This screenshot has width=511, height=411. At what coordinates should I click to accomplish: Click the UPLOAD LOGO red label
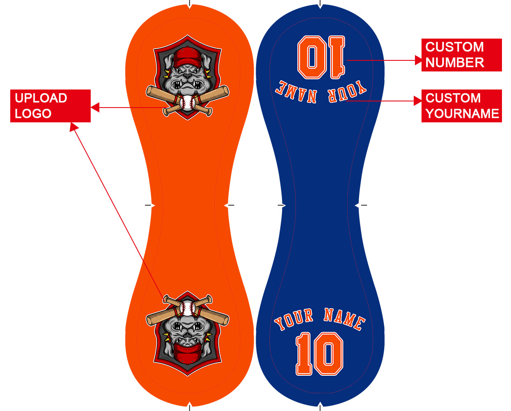click(x=50, y=106)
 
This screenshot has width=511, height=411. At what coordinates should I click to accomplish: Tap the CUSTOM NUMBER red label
click(x=461, y=55)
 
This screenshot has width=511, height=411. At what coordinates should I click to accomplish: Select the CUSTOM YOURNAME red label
click(x=461, y=106)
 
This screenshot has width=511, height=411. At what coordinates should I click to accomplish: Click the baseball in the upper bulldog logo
click(x=187, y=103)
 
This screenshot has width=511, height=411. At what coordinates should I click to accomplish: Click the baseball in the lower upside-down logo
click(x=187, y=308)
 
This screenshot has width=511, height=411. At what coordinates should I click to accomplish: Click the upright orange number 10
click(x=319, y=354)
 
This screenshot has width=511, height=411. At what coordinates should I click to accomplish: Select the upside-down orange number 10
click(x=321, y=57)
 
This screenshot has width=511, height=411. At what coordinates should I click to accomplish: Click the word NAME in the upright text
click(x=344, y=319)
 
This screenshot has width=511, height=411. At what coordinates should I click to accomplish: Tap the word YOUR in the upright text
click(x=294, y=319)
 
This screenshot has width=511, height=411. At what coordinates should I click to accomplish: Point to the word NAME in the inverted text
click(x=296, y=92)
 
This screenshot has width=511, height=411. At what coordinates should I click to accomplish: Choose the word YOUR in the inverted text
click(x=347, y=92)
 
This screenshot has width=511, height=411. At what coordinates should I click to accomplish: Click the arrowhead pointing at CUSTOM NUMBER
click(x=418, y=60)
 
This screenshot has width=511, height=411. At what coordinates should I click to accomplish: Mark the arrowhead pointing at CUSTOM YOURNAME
click(x=418, y=101)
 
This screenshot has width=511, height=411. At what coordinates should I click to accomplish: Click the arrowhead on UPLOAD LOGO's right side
click(x=95, y=108)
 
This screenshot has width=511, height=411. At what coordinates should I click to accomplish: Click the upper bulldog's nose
click(x=187, y=76)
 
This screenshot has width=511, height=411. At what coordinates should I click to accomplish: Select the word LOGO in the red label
click(x=33, y=114)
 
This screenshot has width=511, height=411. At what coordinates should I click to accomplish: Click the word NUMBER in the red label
click(x=454, y=62)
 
